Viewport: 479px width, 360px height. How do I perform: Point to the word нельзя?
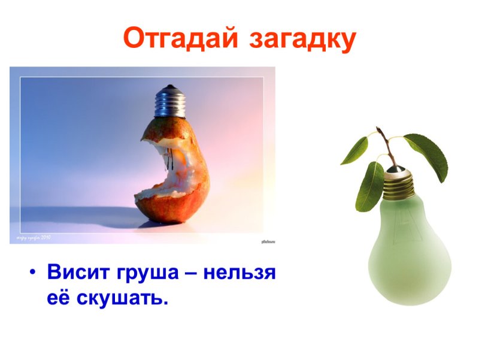pos(239,273)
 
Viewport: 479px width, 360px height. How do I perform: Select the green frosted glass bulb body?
pos(407,252)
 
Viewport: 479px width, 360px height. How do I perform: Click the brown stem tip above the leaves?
pos(378,130)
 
